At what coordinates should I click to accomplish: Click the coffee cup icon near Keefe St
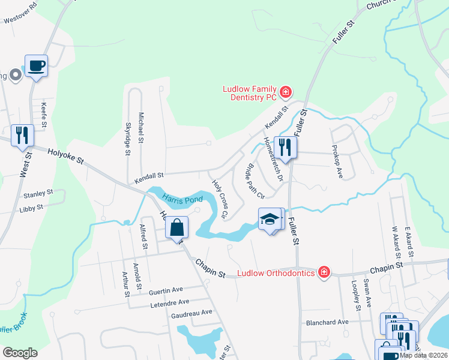(x=36, y=65)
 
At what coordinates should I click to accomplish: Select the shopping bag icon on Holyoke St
(x=177, y=229)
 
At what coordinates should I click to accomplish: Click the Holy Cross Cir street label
(x=219, y=199)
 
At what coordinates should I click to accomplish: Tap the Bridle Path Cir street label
(x=253, y=182)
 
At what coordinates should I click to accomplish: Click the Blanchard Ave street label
(x=327, y=322)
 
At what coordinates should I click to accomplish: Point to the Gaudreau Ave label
(x=191, y=313)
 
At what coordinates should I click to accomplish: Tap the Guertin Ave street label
(x=166, y=290)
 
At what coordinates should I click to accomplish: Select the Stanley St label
(x=38, y=194)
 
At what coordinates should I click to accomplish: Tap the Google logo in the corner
(x=20, y=352)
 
